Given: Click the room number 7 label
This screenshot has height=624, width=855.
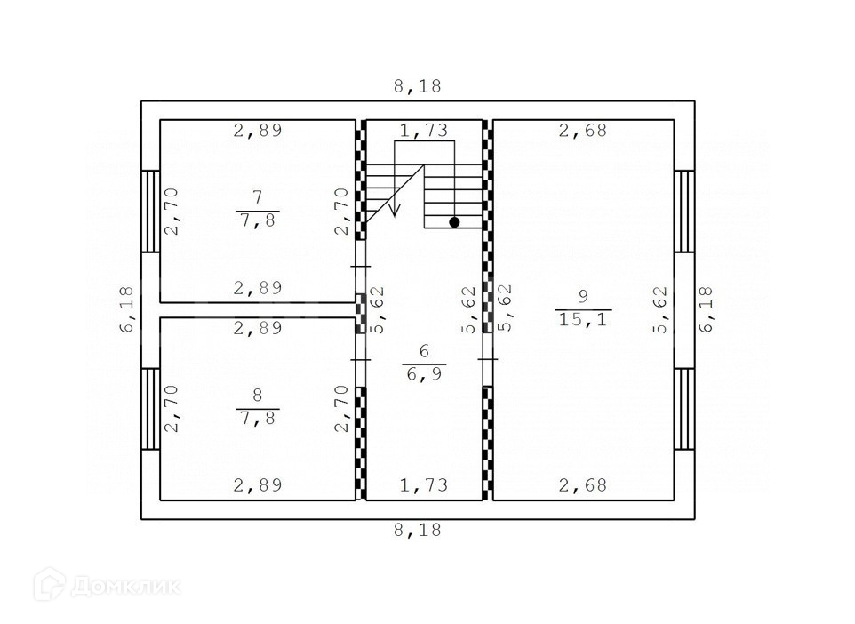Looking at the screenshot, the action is coord(258,196).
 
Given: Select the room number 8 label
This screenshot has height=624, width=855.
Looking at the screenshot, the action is coord(258,395).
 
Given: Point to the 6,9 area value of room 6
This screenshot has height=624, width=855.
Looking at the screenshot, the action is coord(424,374).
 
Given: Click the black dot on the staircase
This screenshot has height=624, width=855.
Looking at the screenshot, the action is coord(454,222).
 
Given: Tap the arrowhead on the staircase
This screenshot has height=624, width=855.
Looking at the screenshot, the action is coord(395,210).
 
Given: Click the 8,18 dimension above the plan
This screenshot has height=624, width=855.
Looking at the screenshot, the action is coord(418,86).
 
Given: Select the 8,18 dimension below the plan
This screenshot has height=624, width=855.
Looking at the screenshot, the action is coord(418,530).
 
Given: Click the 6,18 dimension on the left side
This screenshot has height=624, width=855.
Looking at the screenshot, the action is coord(126,309).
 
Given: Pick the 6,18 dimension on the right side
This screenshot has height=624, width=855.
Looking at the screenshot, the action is coord(707,309).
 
